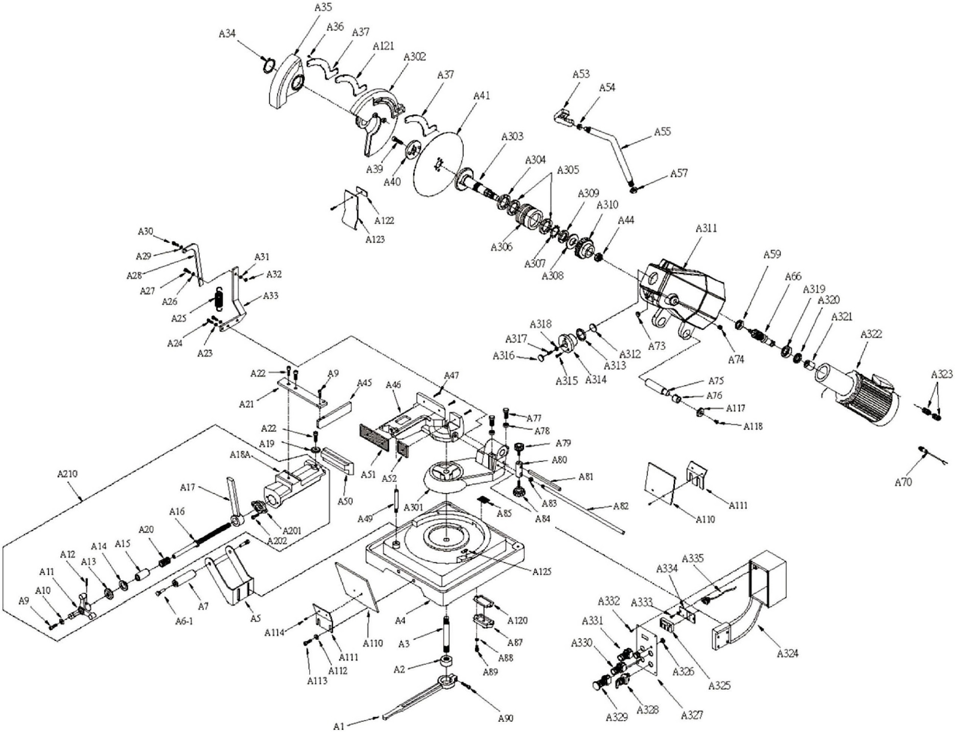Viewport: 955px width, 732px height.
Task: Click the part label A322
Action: point(871,335)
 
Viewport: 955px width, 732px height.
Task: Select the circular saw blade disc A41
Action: point(438,163)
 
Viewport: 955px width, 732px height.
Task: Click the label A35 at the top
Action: point(323,7)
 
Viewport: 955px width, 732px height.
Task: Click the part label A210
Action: point(67,474)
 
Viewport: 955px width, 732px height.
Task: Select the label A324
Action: point(787,653)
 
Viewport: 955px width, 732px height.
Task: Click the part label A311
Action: point(706,228)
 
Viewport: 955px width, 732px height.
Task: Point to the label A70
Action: point(903,482)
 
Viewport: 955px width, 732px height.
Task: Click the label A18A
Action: point(240,455)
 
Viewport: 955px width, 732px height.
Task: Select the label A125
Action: point(542,571)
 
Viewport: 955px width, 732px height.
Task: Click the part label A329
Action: point(617,717)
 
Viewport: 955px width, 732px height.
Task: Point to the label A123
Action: point(375,239)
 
